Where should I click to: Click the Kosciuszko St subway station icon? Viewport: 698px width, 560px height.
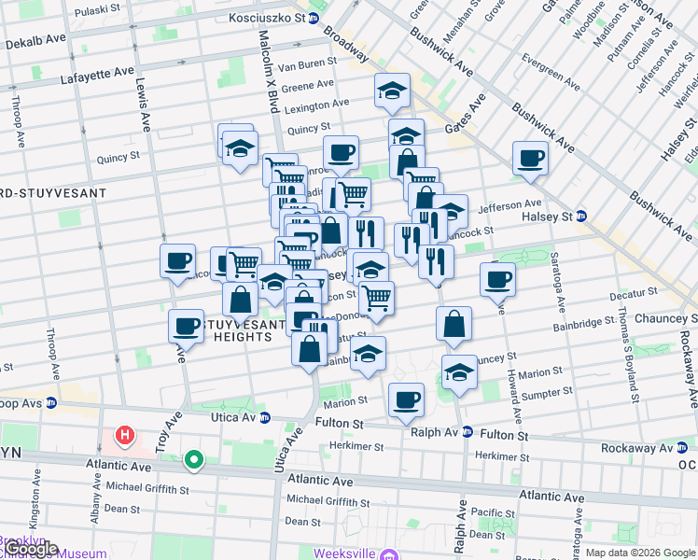(314, 18)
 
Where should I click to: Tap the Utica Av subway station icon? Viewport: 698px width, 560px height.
(265, 417)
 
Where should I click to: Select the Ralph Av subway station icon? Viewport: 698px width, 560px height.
(468, 432)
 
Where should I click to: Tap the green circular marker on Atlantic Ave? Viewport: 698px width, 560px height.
(194, 458)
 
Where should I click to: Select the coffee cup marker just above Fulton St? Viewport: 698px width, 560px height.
(405, 399)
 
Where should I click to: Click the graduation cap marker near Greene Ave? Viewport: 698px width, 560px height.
(392, 90)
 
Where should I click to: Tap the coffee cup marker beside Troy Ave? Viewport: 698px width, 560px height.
(186, 326)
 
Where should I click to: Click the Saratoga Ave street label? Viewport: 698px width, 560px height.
(558, 282)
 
